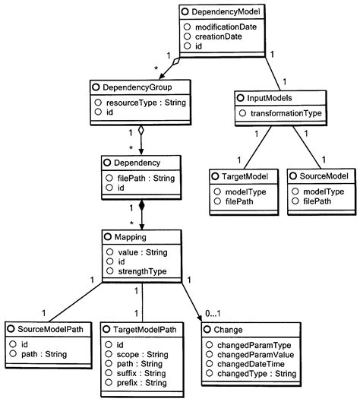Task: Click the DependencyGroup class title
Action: click(x=130, y=87)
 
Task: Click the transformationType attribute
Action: click(x=283, y=112)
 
